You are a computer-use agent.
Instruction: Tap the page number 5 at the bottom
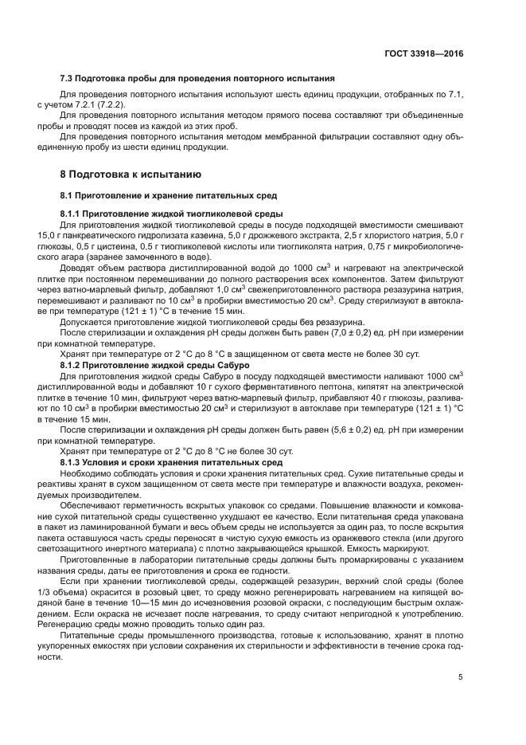tap(461, 677)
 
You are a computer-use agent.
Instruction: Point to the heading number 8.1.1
tap(74, 214)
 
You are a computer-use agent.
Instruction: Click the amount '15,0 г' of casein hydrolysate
tap(49, 235)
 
